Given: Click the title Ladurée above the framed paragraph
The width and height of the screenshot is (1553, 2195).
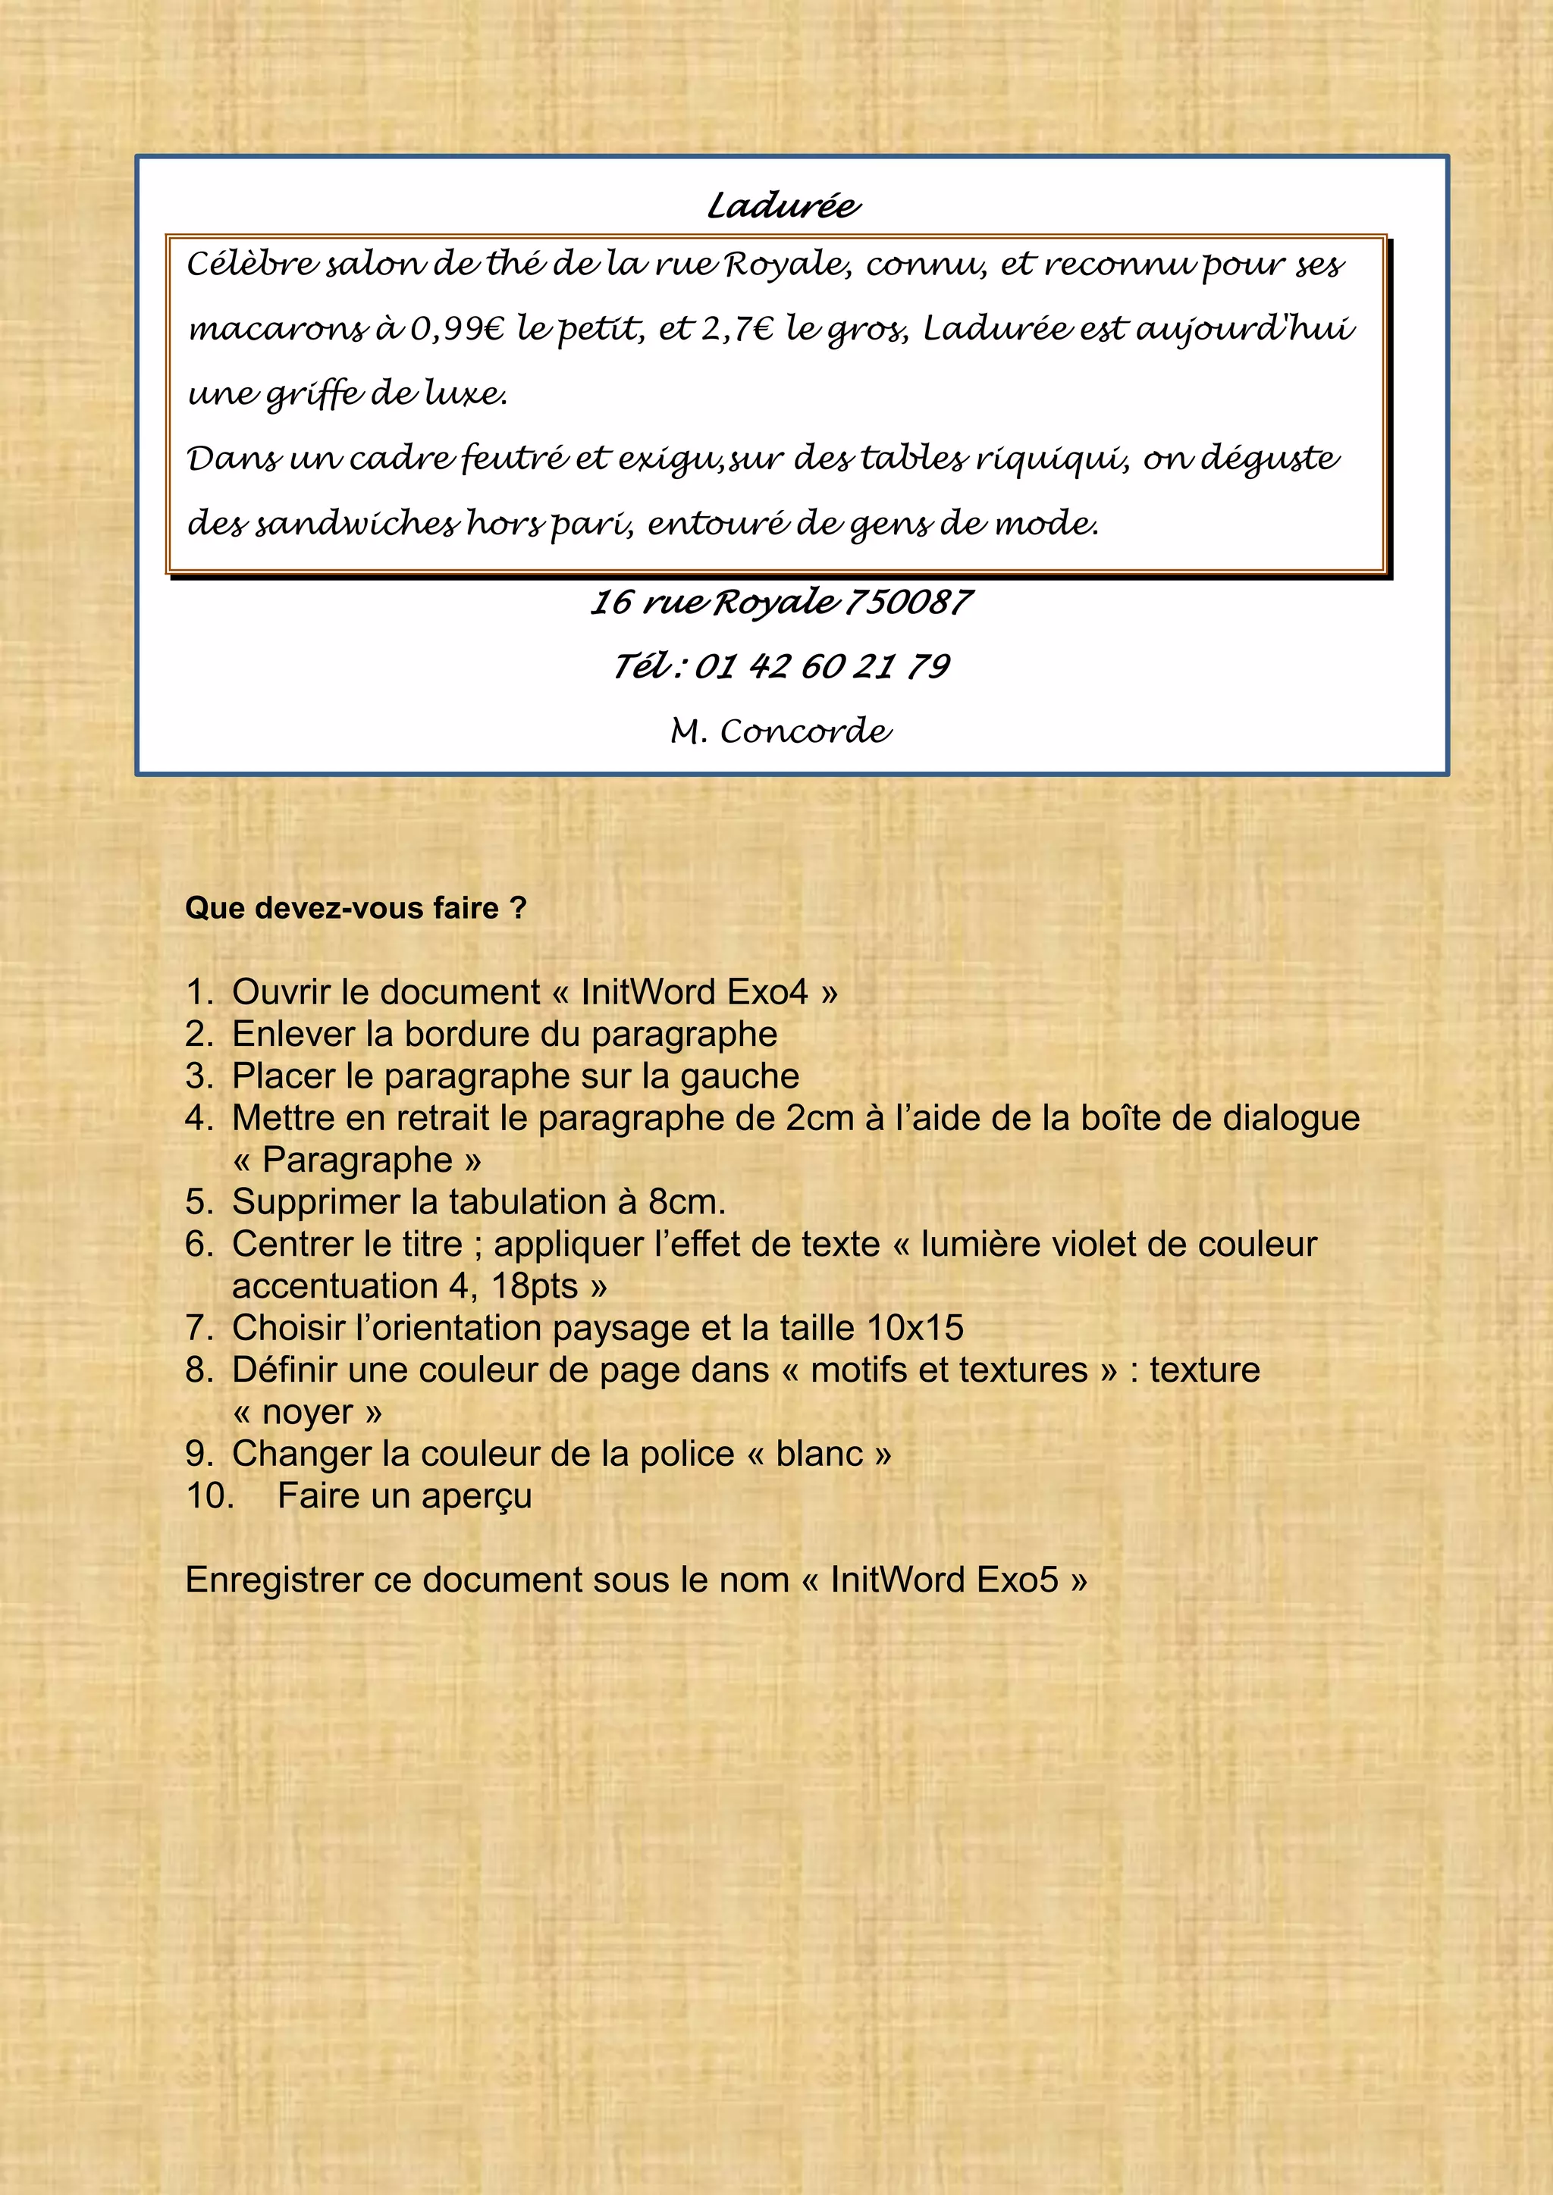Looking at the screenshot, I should [783, 205].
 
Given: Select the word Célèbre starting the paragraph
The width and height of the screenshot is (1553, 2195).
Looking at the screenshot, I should [250, 264].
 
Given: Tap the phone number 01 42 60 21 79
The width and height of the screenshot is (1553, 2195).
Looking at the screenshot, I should [823, 666].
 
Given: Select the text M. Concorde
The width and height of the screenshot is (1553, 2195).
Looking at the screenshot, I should [781, 731].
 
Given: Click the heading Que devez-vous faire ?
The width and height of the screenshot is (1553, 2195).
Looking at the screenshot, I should [356, 908].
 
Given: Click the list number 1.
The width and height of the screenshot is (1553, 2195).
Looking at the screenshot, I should [198, 992].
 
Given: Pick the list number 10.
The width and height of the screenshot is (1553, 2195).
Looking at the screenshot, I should [209, 1496].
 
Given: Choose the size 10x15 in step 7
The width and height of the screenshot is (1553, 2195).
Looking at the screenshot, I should [915, 1328].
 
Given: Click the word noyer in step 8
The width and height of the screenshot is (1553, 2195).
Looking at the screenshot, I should [307, 1412].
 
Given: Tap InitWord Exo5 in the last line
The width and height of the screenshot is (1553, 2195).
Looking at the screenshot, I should [944, 1580].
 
